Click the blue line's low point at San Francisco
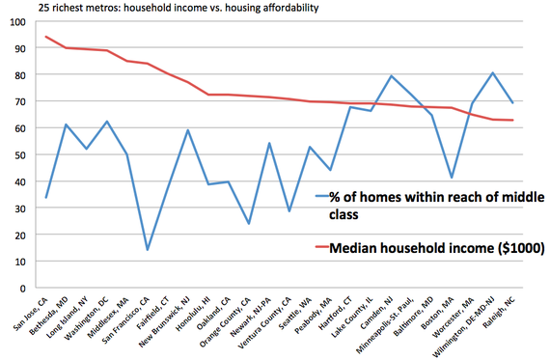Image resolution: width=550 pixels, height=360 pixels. point(148,250)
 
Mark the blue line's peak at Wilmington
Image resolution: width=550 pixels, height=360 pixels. point(493,73)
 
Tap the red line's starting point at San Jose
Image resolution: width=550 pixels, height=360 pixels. point(46,37)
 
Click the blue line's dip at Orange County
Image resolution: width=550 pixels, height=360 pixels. point(248,224)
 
